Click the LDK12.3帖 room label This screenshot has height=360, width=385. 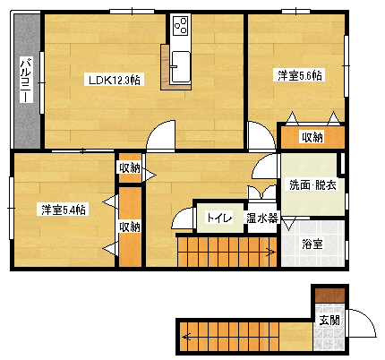[x=114, y=81]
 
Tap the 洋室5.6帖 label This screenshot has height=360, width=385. [x=298, y=76]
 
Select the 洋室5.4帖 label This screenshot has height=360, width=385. [x=63, y=210]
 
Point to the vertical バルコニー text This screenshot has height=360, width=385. [x=26, y=79]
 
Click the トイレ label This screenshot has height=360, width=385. [x=219, y=218]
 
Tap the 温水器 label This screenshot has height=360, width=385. [x=261, y=218]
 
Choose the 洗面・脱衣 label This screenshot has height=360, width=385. [x=312, y=185]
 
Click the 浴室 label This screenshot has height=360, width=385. [x=312, y=243]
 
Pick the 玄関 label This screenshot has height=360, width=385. [x=329, y=320]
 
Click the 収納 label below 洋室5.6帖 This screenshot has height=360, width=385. [x=312, y=137]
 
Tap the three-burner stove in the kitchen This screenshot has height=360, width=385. [x=180, y=25]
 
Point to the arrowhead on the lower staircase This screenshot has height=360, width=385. [x=185, y=338]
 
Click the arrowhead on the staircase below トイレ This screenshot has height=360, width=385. [x=270, y=253]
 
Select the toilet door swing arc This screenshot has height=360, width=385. [x=184, y=219]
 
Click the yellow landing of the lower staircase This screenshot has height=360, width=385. [x=295, y=338]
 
